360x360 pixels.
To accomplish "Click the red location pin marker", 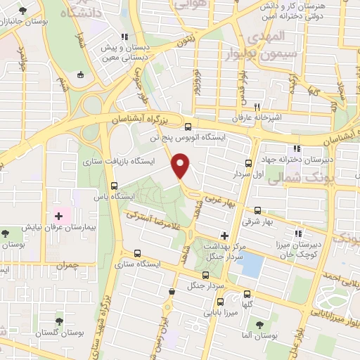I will pos(181,167).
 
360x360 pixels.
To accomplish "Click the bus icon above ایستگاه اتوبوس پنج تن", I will pos(188,127).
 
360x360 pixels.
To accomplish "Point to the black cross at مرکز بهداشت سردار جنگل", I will pos(224,236).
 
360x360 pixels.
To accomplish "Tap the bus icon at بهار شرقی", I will pos(258,210).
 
